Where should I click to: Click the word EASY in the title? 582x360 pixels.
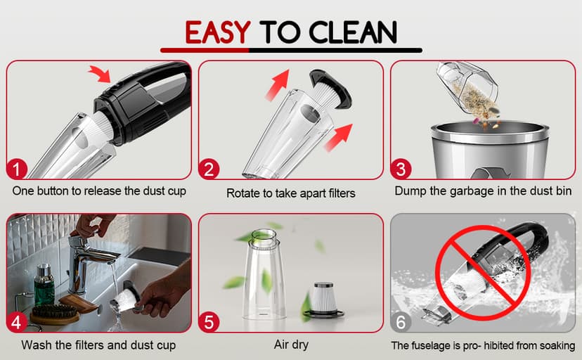tap(217, 32)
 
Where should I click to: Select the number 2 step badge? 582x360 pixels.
tap(209, 169)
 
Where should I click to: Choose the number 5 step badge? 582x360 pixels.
tap(209, 322)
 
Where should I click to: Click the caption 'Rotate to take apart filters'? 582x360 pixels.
tap(290, 192)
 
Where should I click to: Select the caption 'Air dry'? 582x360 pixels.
tap(290, 345)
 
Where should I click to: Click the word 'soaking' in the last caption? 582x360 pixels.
tap(555, 345)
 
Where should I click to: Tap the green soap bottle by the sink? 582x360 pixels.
tap(44, 285)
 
